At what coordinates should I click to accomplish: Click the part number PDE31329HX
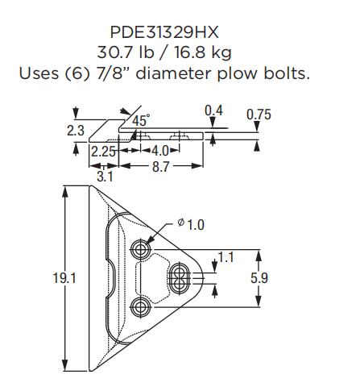click(165, 32)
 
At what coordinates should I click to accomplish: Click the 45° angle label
click(141, 119)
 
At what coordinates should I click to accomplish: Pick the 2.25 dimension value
click(103, 151)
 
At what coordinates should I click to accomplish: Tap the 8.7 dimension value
click(160, 166)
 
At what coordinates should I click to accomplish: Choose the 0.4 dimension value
click(214, 110)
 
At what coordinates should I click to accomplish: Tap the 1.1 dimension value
click(226, 259)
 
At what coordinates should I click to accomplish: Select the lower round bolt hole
click(143, 307)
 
